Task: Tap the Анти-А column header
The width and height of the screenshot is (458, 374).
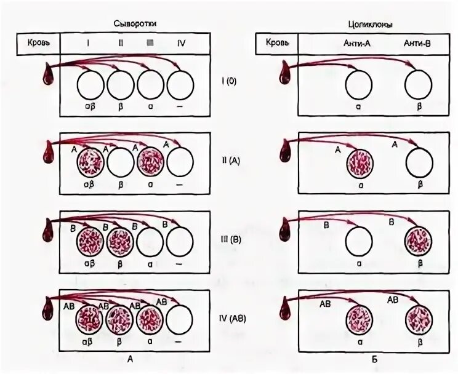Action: [x=356, y=44]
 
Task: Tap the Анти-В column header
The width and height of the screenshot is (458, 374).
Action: [x=416, y=44]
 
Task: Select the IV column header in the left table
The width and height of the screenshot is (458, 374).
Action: [x=181, y=44]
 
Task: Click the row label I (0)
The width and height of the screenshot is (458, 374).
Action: [x=229, y=81]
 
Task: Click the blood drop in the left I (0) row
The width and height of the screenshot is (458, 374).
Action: [x=47, y=75]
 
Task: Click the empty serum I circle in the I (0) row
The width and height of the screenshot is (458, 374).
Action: [x=91, y=84]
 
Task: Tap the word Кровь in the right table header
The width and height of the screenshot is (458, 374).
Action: [x=276, y=44]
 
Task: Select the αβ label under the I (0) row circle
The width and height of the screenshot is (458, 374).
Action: [x=90, y=106]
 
